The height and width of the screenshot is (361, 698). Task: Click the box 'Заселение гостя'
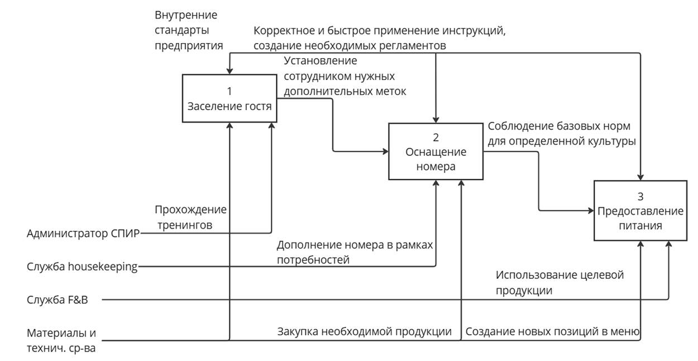pos(230,99)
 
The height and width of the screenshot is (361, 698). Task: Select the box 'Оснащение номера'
pos(436,151)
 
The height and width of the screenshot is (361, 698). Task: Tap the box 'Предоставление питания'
pos(640,211)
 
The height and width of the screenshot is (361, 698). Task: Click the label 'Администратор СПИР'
pos(83,233)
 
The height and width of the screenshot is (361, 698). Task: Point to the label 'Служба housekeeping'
pos(82,267)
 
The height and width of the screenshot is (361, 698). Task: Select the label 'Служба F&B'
pos(58,300)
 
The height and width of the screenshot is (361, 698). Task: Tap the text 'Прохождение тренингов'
pos(190,217)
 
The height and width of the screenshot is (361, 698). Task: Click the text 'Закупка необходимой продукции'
pos(364,331)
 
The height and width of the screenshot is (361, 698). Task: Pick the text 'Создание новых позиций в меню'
pos(552,331)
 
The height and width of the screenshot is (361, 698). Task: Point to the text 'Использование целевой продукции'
pos(560,282)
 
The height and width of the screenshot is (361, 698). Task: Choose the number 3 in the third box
pos(640,196)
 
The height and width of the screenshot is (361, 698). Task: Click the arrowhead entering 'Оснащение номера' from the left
pos(385,151)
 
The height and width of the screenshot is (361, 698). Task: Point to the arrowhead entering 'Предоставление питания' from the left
pos(590,211)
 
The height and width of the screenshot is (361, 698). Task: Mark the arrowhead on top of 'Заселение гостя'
pos(230,71)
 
